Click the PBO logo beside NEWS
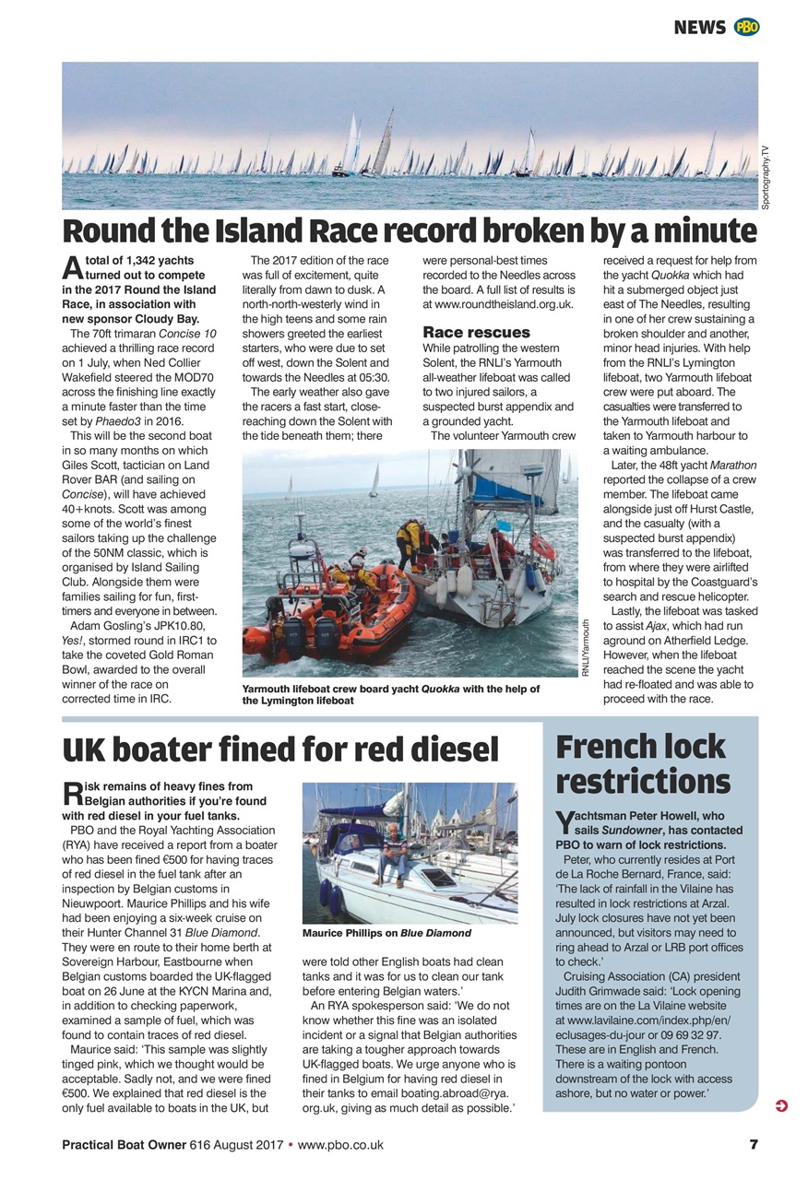[x=746, y=28]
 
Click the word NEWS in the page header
[x=699, y=28]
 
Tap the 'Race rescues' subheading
[x=476, y=332]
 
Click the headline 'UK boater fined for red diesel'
[x=280, y=749]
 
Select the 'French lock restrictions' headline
[x=643, y=764]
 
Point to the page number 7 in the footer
[x=754, y=1145]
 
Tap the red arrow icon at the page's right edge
[x=782, y=1106]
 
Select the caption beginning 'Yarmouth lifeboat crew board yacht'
[x=390, y=694]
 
